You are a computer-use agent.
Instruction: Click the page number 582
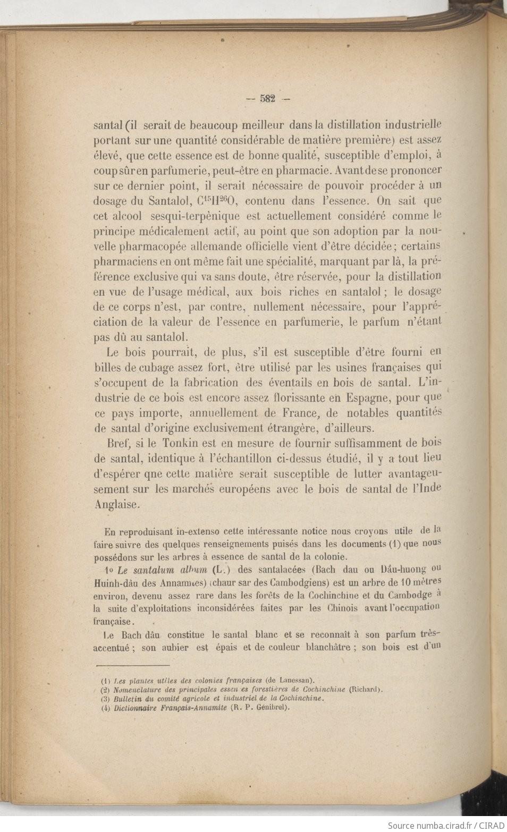click(267, 98)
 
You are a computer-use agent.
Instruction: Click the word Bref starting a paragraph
click(118, 443)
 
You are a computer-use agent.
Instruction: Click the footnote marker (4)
click(105, 708)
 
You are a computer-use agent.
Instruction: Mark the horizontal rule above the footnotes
click(132, 665)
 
